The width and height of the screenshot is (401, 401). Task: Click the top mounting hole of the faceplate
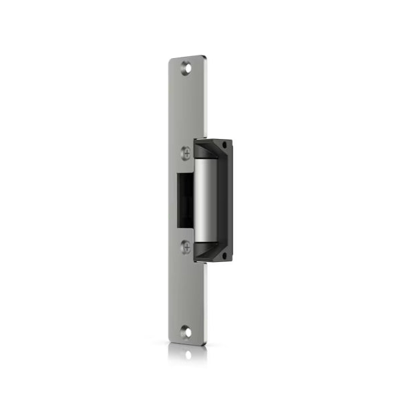point(185,67)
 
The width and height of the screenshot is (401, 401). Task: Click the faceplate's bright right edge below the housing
point(207,301)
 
